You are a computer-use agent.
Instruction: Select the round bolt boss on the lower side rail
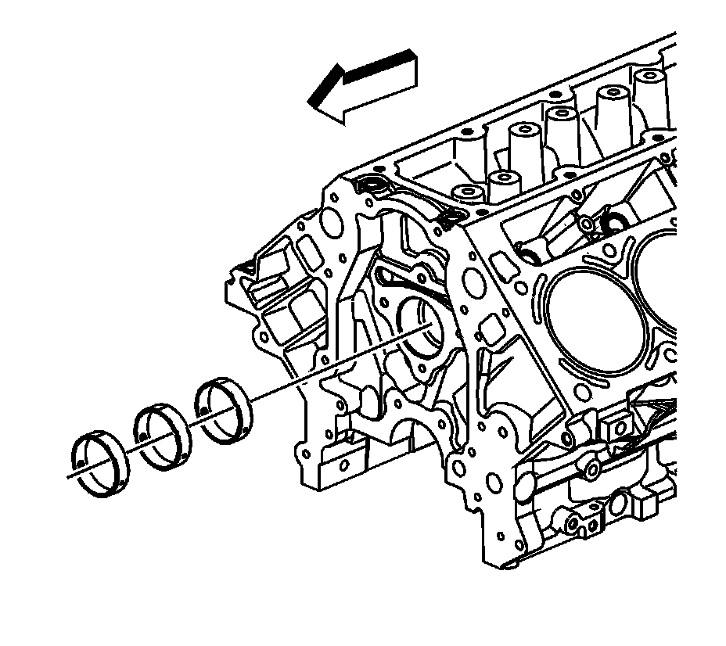click(x=592, y=468)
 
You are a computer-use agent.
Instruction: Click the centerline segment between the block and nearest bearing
click(x=329, y=368)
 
